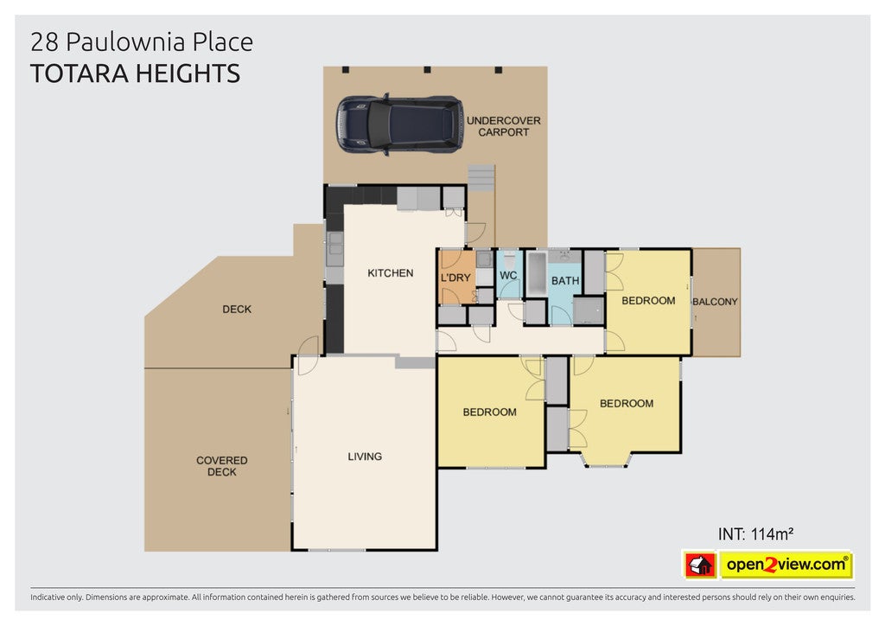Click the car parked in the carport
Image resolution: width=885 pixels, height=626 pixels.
click(x=399, y=125)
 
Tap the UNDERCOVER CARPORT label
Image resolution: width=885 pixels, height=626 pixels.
click(x=504, y=126)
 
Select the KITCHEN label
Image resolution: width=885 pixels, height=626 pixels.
click(x=391, y=273)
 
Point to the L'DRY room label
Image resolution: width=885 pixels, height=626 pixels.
click(x=455, y=278)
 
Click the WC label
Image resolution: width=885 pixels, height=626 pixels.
click(x=508, y=276)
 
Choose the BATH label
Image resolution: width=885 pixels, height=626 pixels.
click(x=565, y=280)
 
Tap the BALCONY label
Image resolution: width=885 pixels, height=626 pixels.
click(x=715, y=302)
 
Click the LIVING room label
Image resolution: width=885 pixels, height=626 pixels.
click(x=365, y=456)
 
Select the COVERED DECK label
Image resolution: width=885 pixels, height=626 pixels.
click(x=222, y=466)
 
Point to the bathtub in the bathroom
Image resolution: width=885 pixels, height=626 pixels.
click(x=536, y=274)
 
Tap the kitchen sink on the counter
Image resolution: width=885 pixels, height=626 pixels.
click(x=334, y=248)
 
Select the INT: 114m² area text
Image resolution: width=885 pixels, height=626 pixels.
click(x=755, y=534)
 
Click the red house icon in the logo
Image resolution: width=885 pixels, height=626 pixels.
click(x=700, y=565)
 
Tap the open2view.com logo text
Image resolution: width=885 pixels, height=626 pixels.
click(x=786, y=565)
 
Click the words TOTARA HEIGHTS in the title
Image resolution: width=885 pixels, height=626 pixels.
click(x=135, y=74)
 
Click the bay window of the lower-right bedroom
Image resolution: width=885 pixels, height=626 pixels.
click(x=606, y=461)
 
